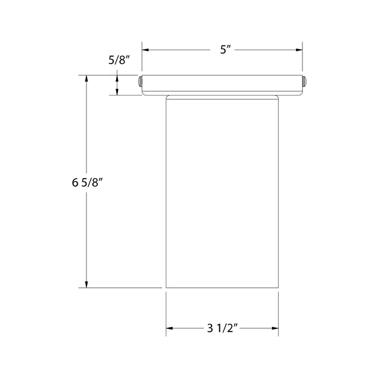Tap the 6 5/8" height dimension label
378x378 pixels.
coord(87,182)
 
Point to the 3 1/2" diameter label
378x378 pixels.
coord(222,328)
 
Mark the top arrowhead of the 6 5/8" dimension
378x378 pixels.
coord(86,79)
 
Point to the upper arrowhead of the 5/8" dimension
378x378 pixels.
coord(117,78)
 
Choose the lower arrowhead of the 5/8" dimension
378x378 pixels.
coord(117,92)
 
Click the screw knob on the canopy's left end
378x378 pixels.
coord(140,82)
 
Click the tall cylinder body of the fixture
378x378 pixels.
coord(222,194)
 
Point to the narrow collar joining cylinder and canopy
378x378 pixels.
coord(222,98)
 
